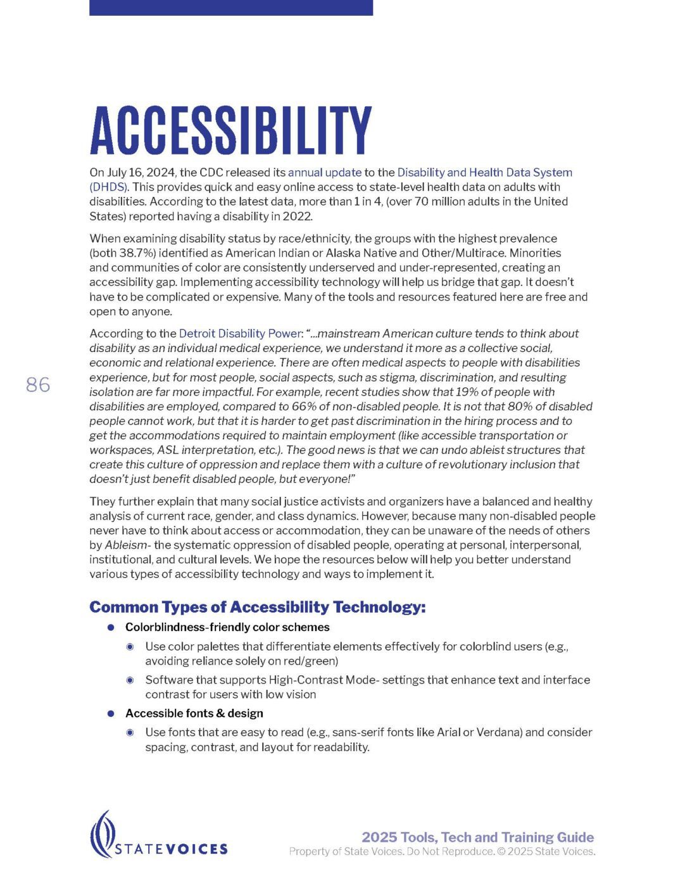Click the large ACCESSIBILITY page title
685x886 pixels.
(x=230, y=130)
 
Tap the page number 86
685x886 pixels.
(x=38, y=385)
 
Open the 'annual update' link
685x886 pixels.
(x=324, y=172)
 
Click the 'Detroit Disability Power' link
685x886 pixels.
(x=239, y=334)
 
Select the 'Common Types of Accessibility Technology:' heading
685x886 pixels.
(x=257, y=608)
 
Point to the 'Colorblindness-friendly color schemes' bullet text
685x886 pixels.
(x=227, y=627)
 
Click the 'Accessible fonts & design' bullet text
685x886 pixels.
(x=194, y=713)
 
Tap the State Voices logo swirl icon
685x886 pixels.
(x=102, y=833)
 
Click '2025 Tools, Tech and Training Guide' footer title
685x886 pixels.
(x=477, y=837)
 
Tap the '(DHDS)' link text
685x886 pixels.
(x=109, y=187)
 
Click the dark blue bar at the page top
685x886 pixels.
(x=230, y=8)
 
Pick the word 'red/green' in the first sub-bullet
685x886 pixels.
(x=314, y=661)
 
